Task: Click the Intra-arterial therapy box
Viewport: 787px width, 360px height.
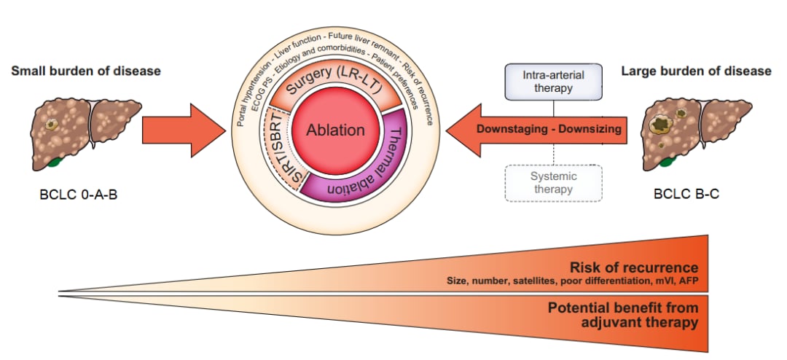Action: tap(552, 82)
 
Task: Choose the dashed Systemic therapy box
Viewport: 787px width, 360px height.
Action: tap(553, 183)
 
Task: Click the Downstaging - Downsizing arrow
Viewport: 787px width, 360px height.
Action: tap(536, 130)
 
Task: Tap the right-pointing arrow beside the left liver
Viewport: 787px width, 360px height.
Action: tap(184, 130)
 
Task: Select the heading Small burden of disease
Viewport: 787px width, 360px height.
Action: tap(86, 71)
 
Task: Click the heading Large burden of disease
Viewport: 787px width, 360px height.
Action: tap(696, 71)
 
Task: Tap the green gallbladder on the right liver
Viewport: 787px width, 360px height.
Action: tap(667, 160)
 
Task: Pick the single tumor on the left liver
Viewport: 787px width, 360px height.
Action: tap(51, 123)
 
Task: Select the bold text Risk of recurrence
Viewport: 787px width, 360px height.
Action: tap(634, 267)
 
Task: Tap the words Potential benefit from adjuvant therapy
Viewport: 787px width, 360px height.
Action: tap(623, 315)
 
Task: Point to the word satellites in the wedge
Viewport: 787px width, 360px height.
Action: tap(533, 280)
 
